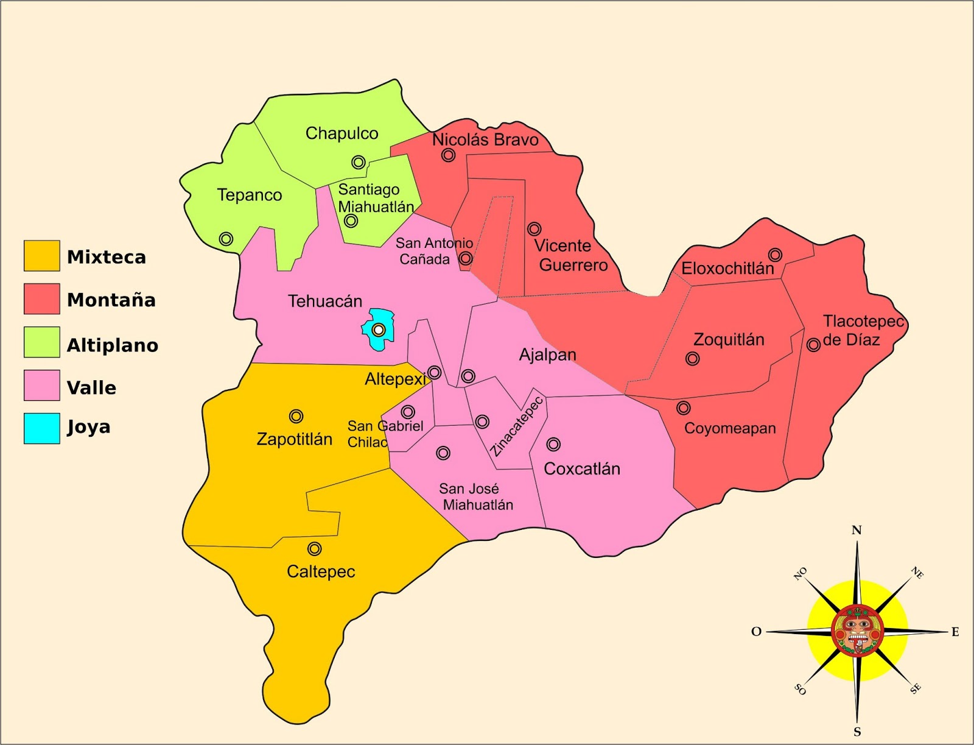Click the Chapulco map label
[x=342, y=133]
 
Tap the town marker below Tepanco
[x=226, y=239]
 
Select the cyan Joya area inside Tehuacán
[x=378, y=330]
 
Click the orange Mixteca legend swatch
[x=42, y=256]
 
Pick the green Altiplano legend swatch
[x=42, y=342]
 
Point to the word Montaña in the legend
[x=111, y=300]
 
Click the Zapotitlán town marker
[x=296, y=416]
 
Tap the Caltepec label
[x=321, y=571]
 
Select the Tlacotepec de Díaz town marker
[x=813, y=345]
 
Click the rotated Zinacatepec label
[x=517, y=426]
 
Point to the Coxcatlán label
[x=582, y=468]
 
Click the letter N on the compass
[x=857, y=530]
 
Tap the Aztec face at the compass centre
[x=857, y=631]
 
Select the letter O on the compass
[x=756, y=632]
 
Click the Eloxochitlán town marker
[x=774, y=255]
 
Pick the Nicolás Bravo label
[x=485, y=139]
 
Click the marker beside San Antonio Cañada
[x=465, y=258]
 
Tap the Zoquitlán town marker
[x=692, y=359]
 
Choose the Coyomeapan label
[x=730, y=428]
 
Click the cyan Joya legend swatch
[x=42, y=428]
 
